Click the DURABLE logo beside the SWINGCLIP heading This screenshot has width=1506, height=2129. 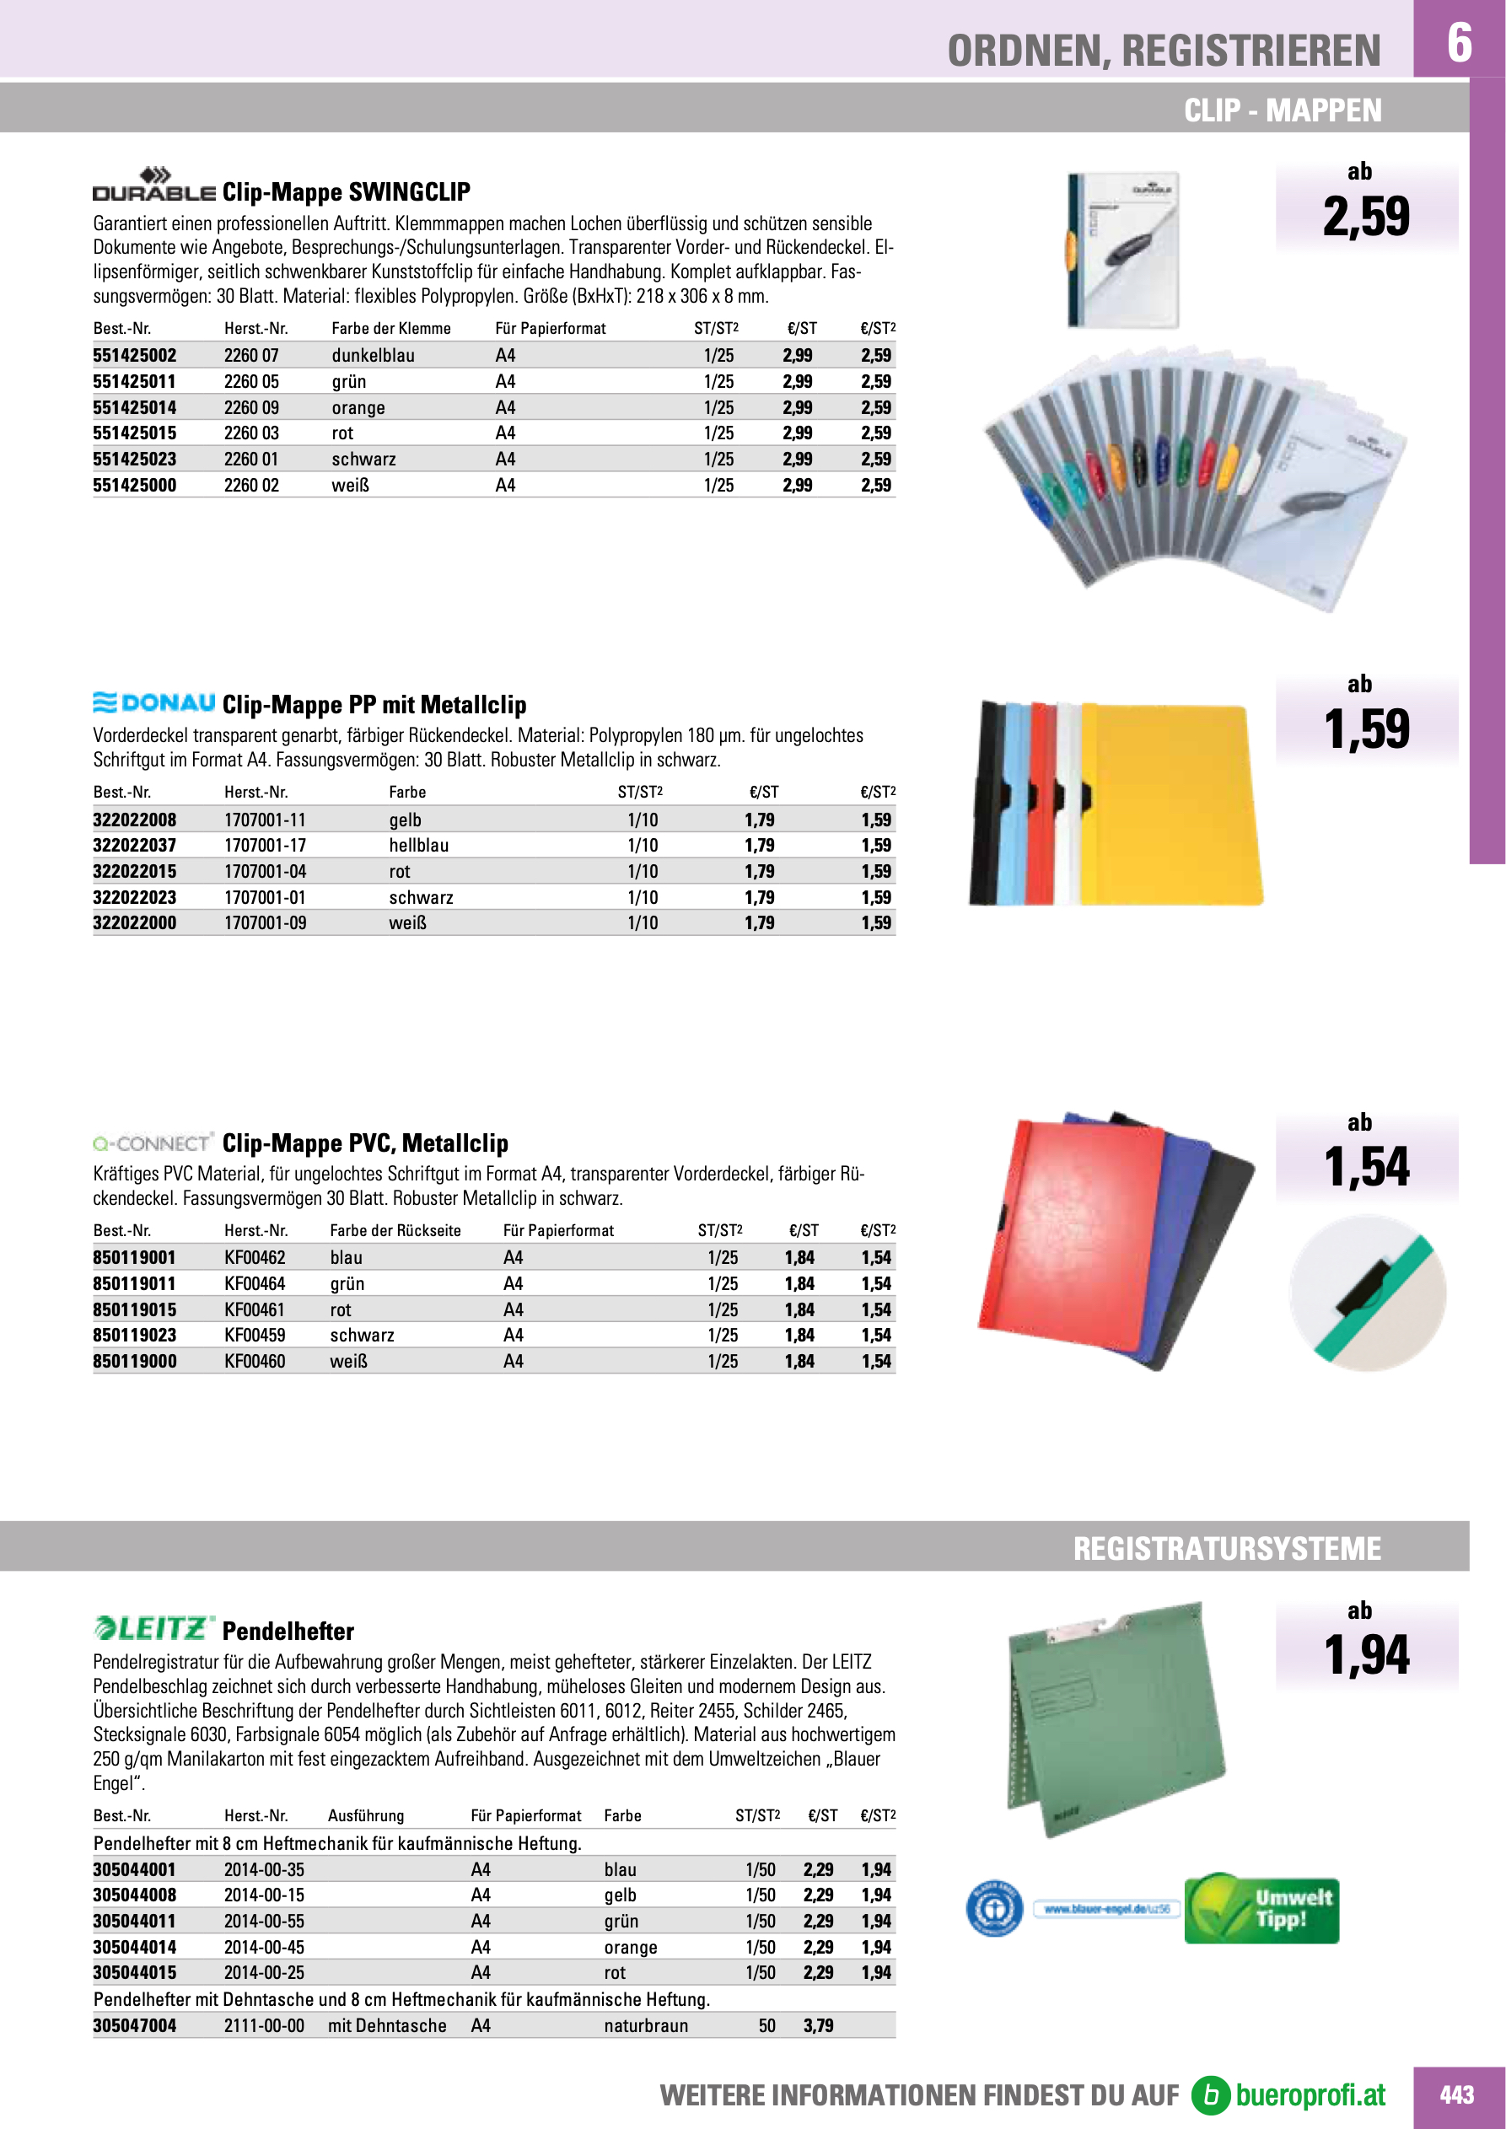[154, 185]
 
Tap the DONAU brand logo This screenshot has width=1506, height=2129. [154, 703]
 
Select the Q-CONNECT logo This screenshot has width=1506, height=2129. [153, 1142]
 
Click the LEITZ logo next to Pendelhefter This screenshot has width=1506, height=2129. [154, 1628]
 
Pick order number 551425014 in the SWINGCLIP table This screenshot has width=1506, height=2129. [134, 407]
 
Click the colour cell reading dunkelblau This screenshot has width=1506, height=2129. [373, 355]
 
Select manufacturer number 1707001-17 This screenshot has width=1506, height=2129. [266, 845]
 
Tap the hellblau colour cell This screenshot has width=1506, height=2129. [418, 845]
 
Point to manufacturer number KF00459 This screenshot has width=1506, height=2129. [255, 1335]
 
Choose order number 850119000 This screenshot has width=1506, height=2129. [134, 1360]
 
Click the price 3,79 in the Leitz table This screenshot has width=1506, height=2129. [818, 2025]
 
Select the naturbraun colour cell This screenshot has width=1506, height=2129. [645, 2025]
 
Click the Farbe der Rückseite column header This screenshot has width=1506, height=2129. [395, 1230]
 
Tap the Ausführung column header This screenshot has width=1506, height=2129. [365, 1815]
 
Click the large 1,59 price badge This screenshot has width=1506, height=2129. [1366, 728]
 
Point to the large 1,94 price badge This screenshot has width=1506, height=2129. [1366, 1654]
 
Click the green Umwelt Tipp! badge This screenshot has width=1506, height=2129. [1262, 1908]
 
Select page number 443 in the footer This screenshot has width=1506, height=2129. [1456, 2094]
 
